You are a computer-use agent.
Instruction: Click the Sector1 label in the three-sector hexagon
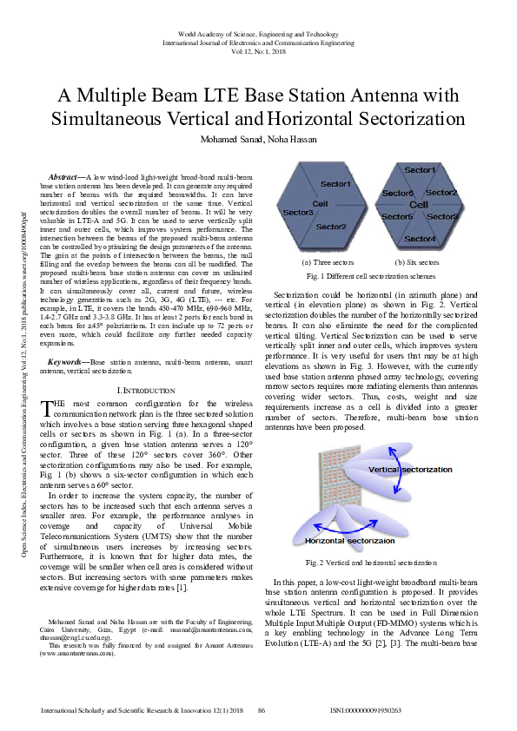(336, 184)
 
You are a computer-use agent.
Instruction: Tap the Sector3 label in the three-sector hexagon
(298, 213)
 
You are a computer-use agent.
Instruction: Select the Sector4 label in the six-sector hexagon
(421, 239)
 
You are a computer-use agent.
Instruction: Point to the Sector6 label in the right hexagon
(398, 193)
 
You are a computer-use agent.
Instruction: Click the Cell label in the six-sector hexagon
(419, 205)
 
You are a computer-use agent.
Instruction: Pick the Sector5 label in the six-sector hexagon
(398, 216)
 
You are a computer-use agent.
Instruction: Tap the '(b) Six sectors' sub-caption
(418, 262)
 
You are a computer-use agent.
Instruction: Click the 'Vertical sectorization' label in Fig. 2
(409, 470)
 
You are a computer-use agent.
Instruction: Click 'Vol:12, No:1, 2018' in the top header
(258, 50)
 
